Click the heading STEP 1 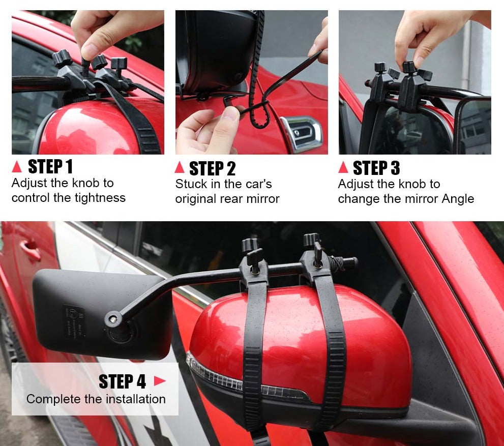(x=50, y=166)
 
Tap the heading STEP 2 (x=213, y=168)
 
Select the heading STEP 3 (x=376, y=168)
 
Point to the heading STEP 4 (x=122, y=381)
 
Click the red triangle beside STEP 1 (x=17, y=167)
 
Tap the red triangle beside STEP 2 (x=180, y=167)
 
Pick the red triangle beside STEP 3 (x=343, y=167)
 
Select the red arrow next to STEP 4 (x=159, y=381)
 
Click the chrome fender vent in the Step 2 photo (x=301, y=133)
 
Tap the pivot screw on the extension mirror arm (x=113, y=319)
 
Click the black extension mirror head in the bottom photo (x=102, y=314)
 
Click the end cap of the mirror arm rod (x=352, y=262)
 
